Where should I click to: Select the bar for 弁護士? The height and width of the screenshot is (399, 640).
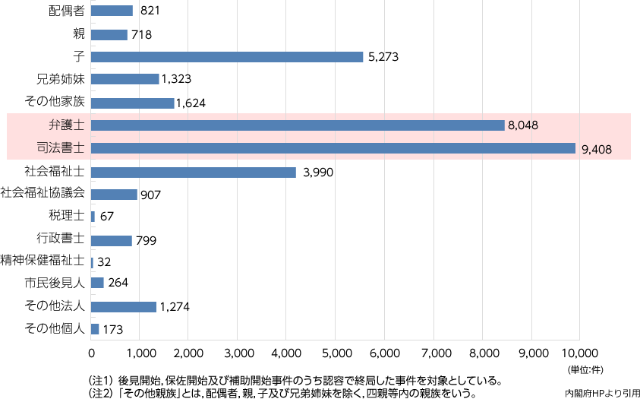pyautogui.click(x=298, y=125)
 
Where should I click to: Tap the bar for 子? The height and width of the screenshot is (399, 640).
pyautogui.click(x=227, y=56)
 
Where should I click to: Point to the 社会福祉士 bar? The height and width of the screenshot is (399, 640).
pyautogui.click(x=193, y=172)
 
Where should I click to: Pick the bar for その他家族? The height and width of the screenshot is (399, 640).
pyautogui.click(x=132, y=103)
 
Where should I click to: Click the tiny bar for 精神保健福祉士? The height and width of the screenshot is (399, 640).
pyautogui.click(x=92, y=262)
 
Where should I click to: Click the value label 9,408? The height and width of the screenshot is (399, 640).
pyautogui.click(x=596, y=149)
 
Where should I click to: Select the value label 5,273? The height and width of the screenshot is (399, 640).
pyautogui.click(x=383, y=57)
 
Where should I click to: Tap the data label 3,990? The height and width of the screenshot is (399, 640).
pyautogui.click(x=318, y=173)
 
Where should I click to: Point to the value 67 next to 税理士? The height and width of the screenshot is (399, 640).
pyautogui.click(x=107, y=217)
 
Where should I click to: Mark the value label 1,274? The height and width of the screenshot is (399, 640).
pyautogui.click(x=174, y=307)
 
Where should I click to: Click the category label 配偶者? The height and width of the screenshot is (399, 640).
pyautogui.click(x=66, y=11)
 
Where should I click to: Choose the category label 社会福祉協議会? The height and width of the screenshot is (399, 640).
pyautogui.click(x=43, y=193)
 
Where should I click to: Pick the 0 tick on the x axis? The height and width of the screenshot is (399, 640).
pyautogui.click(x=92, y=353)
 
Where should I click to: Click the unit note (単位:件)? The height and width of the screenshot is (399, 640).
pyautogui.click(x=587, y=369)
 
